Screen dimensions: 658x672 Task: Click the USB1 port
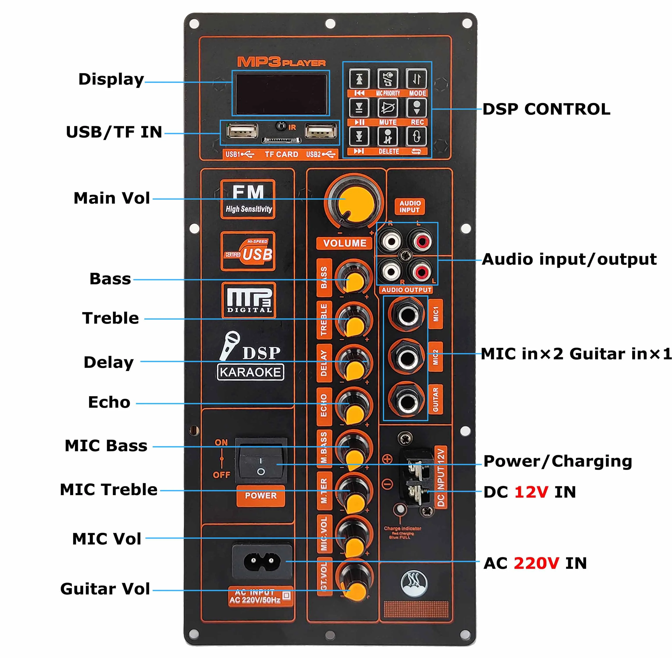click(x=242, y=132)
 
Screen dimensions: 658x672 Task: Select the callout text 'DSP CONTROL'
click(x=546, y=109)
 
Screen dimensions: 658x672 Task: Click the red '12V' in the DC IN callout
click(x=531, y=492)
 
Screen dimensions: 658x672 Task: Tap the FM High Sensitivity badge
click(x=248, y=199)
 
